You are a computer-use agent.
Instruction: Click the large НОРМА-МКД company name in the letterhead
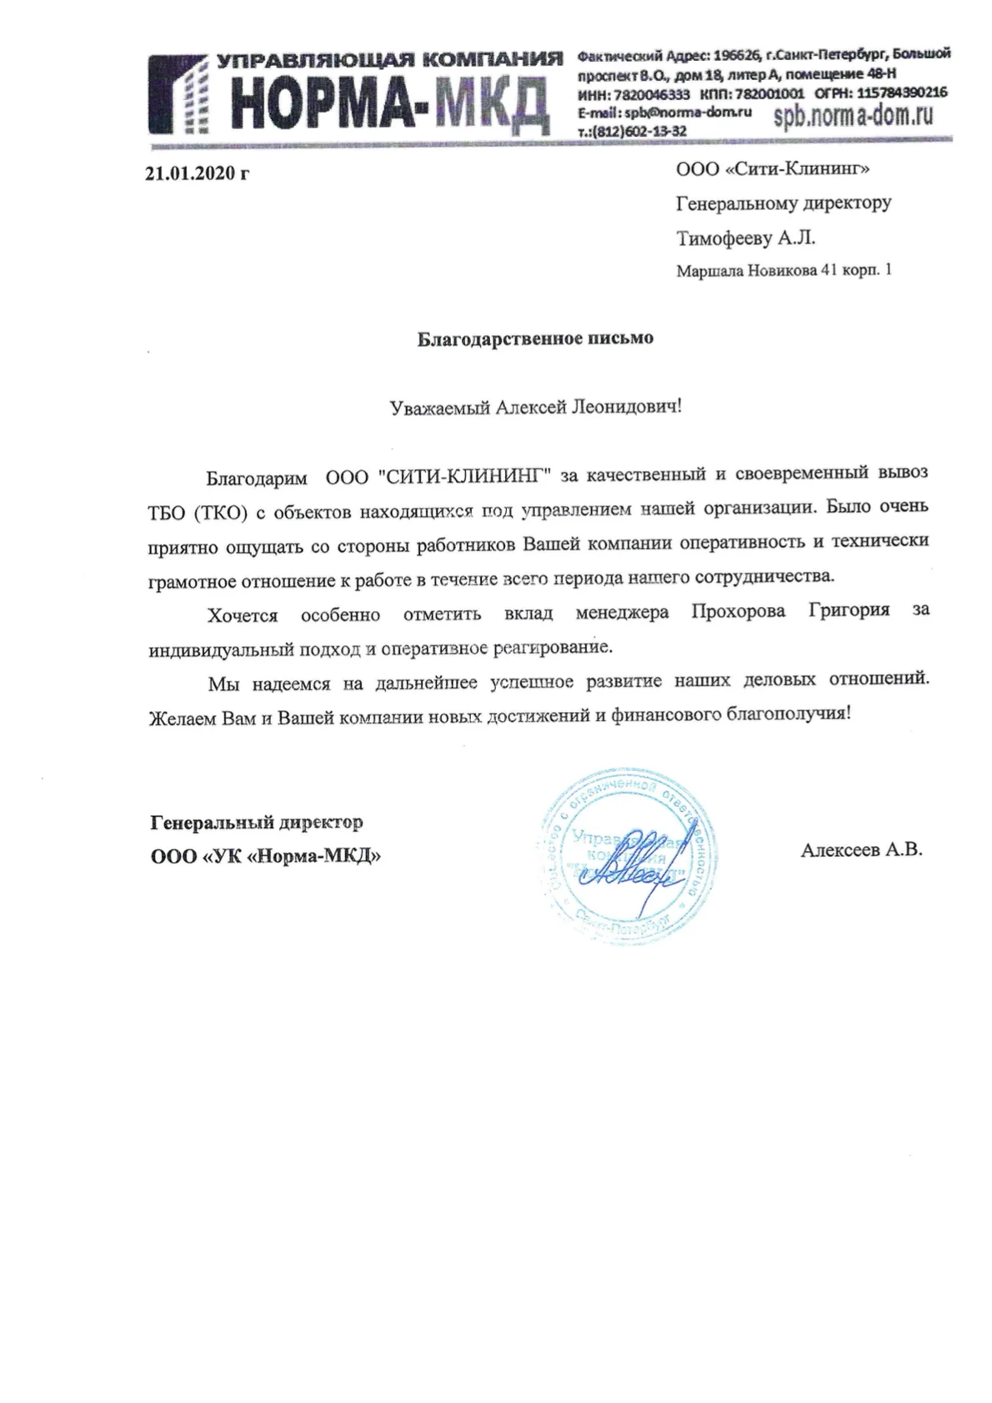click(x=391, y=103)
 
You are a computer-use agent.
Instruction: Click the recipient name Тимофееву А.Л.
click(x=745, y=238)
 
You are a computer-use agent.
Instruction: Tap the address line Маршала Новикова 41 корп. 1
click(x=783, y=271)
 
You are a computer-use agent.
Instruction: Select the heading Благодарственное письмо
click(x=535, y=338)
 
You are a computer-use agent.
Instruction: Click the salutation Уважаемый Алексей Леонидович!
click(x=536, y=407)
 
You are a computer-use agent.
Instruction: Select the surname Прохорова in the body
click(x=738, y=612)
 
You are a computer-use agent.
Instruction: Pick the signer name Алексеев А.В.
click(x=861, y=850)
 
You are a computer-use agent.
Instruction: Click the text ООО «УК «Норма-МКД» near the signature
click(x=266, y=856)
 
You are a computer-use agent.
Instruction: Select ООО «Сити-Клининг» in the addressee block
click(x=773, y=170)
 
